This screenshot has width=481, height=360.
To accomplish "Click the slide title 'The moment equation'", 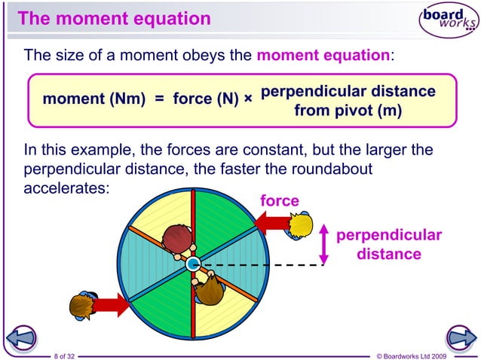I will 114,18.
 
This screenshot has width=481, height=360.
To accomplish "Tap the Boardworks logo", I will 449,20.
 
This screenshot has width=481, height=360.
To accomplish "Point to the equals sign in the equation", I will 159,99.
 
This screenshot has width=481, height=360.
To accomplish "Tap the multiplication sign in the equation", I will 248,99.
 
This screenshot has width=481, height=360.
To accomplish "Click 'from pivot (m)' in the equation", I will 348,111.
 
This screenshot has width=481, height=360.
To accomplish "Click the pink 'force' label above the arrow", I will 279,201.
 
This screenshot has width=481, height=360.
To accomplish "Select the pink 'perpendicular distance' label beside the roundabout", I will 388,245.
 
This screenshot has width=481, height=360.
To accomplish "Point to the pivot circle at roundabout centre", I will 193,264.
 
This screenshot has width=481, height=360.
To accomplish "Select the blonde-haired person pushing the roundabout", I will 300,224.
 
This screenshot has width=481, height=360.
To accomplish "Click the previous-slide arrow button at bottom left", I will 22,337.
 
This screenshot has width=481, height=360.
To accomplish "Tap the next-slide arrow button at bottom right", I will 458,337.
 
